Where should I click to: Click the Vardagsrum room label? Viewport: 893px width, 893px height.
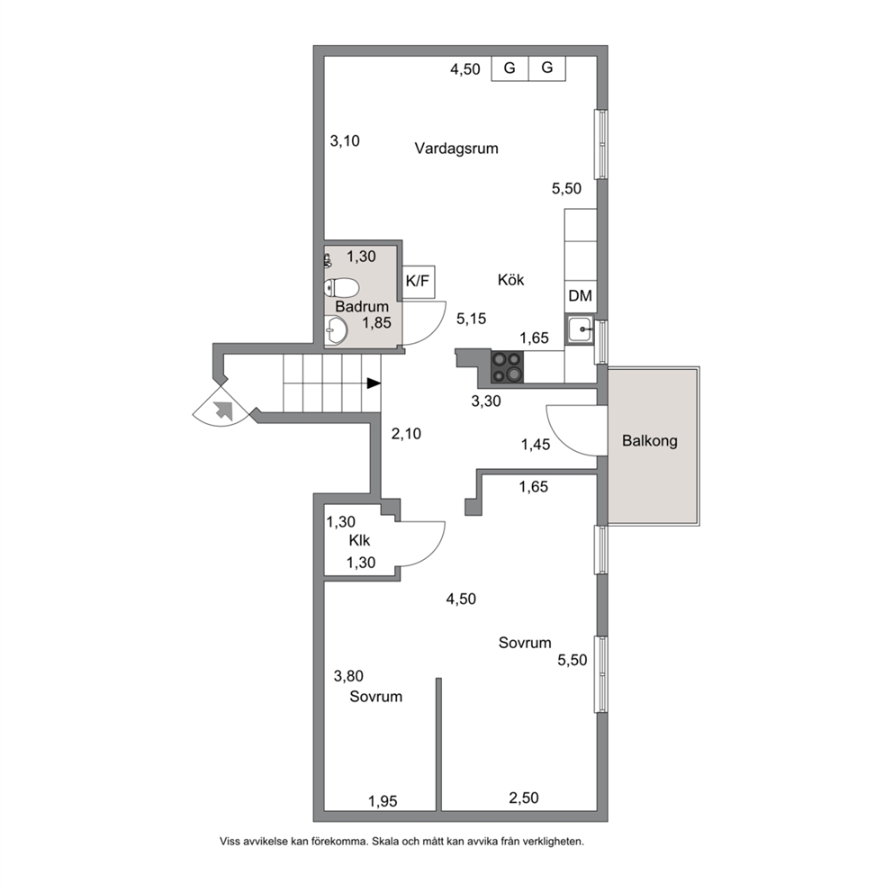tap(456, 149)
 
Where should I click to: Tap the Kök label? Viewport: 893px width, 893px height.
tap(510, 280)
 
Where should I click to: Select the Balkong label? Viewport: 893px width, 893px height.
tap(650, 441)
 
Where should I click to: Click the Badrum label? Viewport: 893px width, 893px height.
tap(362, 306)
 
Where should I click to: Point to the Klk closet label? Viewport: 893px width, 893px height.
tap(359, 540)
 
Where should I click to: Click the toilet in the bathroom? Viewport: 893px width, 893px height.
tap(340, 287)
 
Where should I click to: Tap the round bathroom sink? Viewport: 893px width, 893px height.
tap(336, 330)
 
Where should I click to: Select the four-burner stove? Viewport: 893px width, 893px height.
tap(508, 366)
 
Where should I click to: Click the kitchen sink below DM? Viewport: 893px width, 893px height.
tap(581, 329)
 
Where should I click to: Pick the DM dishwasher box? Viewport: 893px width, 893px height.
tap(581, 296)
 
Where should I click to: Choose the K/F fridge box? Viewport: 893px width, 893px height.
tap(418, 281)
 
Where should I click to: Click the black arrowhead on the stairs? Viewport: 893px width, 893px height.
tap(374, 383)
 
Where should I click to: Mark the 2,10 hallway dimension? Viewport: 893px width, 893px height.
tap(406, 434)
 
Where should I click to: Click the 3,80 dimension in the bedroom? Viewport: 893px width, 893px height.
tap(348, 676)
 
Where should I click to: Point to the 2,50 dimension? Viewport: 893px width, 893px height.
tap(523, 798)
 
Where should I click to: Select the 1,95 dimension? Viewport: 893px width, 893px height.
tap(383, 801)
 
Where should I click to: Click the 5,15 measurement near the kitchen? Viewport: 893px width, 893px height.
tap(471, 319)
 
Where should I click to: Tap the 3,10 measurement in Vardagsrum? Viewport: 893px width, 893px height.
tap(345, 140)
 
